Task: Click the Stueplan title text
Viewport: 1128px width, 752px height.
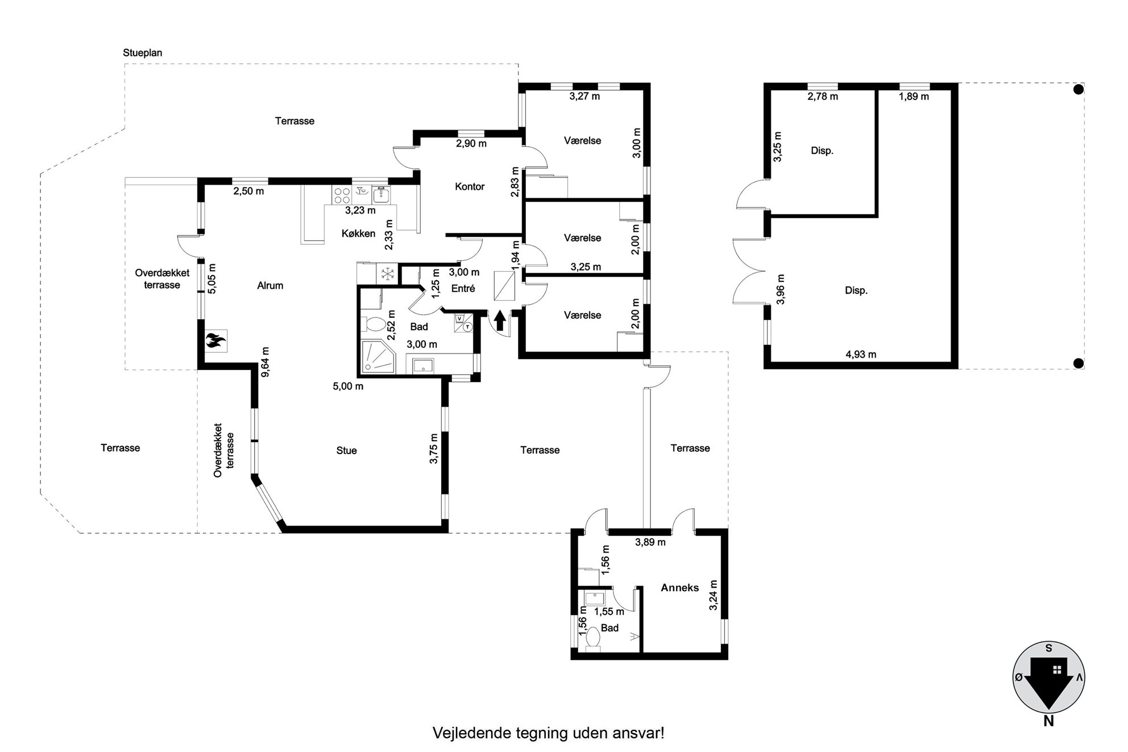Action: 143,53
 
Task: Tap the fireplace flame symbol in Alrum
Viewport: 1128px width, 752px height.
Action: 216,341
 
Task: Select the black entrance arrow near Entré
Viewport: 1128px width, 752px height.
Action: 500,321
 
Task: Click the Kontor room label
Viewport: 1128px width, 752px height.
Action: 470,186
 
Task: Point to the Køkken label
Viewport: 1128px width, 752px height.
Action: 358,234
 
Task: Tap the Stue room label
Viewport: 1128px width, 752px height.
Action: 346,451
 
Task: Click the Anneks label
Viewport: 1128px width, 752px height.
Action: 679,588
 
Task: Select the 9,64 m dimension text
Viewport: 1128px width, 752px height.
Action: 265,362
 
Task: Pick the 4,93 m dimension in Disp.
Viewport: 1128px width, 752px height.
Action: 861,355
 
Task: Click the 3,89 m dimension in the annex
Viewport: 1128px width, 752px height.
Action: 650,542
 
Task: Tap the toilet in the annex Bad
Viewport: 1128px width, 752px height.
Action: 592,639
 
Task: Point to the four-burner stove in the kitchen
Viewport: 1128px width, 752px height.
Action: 342,196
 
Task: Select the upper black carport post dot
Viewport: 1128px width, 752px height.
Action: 1078,89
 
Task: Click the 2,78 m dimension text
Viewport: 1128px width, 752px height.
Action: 823,97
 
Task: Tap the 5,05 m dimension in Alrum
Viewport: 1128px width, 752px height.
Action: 212,279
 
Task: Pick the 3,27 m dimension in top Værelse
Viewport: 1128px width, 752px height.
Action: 584,96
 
